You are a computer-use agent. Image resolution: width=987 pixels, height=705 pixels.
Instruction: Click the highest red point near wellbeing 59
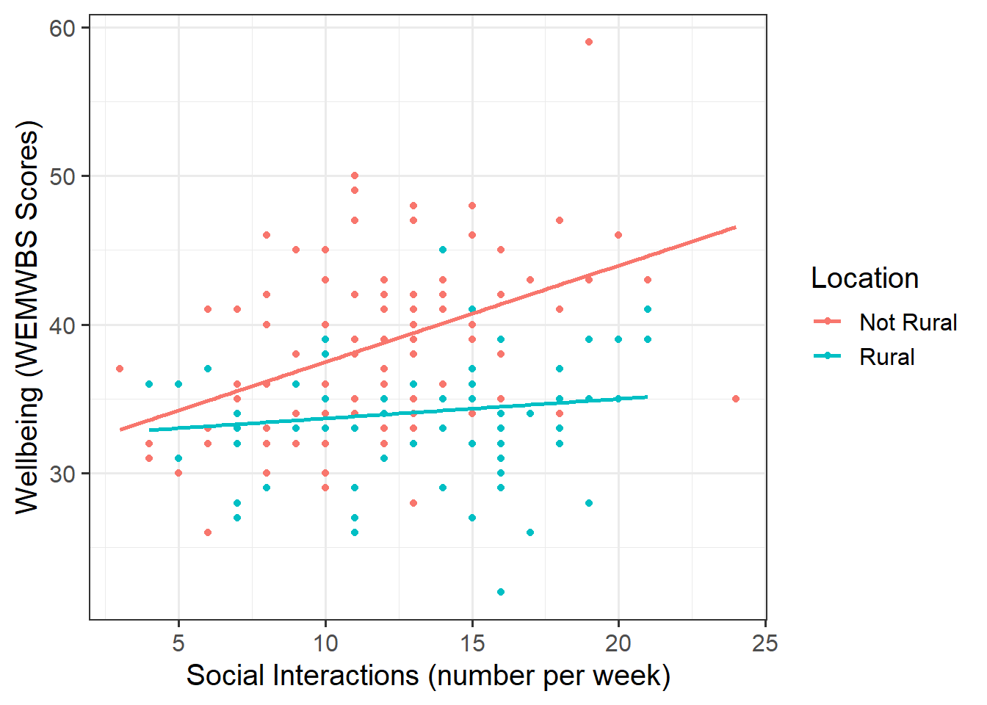point(589,42)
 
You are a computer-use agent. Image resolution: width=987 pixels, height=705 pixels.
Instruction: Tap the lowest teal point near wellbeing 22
point(501,592)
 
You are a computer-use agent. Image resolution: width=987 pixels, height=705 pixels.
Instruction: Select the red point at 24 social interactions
point(736,399)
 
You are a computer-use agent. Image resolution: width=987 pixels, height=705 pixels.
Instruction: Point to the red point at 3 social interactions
point(120,369)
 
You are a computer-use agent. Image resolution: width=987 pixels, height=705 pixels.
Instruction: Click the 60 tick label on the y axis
point(62,28)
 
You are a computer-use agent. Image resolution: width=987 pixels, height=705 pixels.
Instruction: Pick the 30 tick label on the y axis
point(62,474)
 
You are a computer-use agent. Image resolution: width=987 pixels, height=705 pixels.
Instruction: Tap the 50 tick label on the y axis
point(62,176)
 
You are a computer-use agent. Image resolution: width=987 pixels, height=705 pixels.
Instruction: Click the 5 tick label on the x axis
point(178,643)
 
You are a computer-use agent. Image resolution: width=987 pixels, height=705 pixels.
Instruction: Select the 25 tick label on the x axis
point(765,643)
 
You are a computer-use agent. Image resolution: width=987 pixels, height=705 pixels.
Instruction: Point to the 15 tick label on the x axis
point(472,643)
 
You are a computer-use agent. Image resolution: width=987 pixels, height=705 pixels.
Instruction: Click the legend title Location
point(864,278)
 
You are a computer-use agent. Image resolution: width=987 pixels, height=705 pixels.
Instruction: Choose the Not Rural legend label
point(908,322)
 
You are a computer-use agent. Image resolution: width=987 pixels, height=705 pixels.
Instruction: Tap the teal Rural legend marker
point(828,356)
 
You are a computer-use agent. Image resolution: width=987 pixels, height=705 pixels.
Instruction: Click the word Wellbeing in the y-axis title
point(27,449)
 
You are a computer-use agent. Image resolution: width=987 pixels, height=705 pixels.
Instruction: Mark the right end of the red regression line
point(735,228)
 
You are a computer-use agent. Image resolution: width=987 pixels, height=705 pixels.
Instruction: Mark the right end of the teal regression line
point(647,397)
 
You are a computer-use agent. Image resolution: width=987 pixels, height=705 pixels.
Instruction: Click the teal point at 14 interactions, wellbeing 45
point(443,250)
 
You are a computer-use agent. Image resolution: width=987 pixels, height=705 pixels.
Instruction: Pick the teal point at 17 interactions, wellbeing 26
point(530,532)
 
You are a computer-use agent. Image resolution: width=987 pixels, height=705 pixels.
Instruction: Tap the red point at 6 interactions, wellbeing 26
point(208,532)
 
